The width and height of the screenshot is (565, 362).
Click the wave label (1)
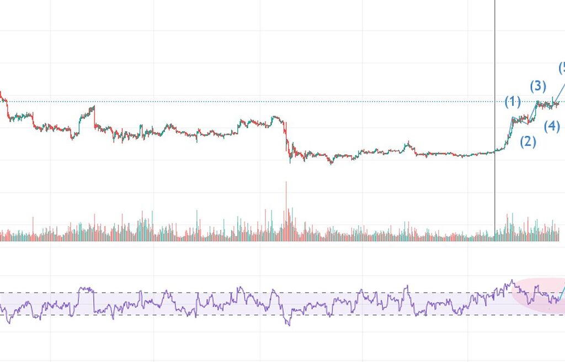(x=513, y=102)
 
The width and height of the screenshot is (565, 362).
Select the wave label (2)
(x=529, y=141)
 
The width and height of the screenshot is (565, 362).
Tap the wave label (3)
(x=538, y=86)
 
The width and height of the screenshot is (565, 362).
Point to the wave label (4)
(x=552, y=127)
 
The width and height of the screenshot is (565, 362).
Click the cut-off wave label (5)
(x=562, y=69)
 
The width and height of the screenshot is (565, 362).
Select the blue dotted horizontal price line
(x=276, y=101)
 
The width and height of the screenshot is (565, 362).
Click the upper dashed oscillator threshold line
(x=221, y=293)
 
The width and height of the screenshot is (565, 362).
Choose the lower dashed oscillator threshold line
(x=221, y=315)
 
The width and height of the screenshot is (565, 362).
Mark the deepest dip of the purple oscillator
(x=288, y=324)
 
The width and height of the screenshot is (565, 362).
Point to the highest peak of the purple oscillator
(x=512, y=281)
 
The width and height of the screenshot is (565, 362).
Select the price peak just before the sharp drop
(x=276, y=117)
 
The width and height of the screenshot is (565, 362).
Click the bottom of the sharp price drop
(x=291, y=161)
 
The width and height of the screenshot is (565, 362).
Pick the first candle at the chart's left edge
(x=1, y=95)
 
